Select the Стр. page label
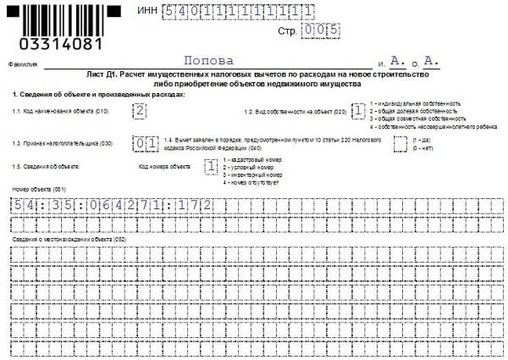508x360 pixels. point(288,30)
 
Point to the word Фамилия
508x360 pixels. point(23,64)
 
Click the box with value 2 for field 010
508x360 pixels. point(140,111)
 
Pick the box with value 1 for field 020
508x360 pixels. point(359,111)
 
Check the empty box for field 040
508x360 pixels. point(400,142)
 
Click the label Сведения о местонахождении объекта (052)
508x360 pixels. point(69,241)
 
